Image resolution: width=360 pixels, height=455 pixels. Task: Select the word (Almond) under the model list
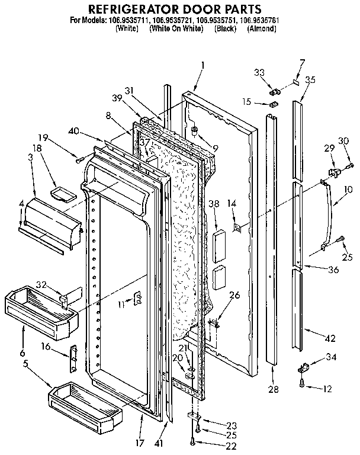pyautogui.click(x=262, y=28)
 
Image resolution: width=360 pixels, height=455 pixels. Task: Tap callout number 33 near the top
pyautogui.click(x=259, y=73)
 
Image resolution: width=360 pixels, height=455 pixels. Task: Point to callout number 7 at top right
pyautogui.click(x=302, y=63)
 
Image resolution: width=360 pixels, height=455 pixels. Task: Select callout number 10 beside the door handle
pyautogui.click(x=348, y=190)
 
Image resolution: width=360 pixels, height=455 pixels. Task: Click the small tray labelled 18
pyautogui.click(x=62, y=193)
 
